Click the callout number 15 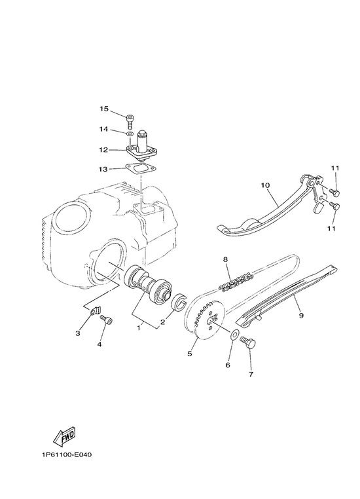pyautogui.click(x=104, y=109)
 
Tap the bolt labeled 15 pyautogui.click(x=130, y=120)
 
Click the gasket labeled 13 pyautogui.click(x=140, y=169)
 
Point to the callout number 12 pyautogui.click(x=103, y=149)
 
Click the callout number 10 pyautogui.click(x=265, y=185)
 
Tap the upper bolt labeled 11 pyautogui.click(x=334, y=193)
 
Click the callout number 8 pyautogui.click(x=225, y=259)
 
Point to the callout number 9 pyautogui.click(x=301, y=316)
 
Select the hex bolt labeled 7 pyautogui.click(x=248, y=342)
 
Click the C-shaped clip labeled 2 pyautogui.click(x=180, y=301)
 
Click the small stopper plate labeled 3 pyautogui.click(x=94, y=310)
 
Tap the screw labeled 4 pyautogui.click(x=107, y=320)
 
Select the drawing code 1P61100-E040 pyautogui.click(x=67, y=454)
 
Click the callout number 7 pyautogui.click(x=251, y=375)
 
